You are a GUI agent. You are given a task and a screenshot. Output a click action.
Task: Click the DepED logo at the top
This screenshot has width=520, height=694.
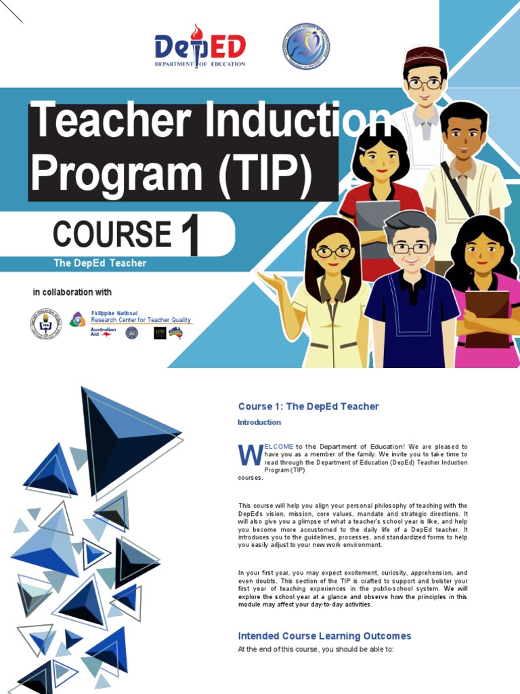coord(200,46)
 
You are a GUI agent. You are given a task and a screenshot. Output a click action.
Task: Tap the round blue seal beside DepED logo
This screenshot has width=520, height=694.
coord(305,46)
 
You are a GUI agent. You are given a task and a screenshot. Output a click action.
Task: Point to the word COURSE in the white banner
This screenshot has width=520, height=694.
coord(112,234)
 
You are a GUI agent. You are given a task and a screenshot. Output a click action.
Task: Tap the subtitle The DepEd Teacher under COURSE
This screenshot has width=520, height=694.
coord(100,263)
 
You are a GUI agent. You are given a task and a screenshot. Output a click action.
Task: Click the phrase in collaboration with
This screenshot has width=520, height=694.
coord(72,292)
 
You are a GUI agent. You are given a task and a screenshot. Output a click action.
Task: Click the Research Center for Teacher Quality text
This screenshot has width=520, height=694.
coord(141,320)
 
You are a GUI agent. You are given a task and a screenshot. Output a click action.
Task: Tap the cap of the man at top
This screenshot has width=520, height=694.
coord(425,56)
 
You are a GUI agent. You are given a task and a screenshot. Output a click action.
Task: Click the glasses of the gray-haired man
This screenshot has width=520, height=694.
coord(410,248)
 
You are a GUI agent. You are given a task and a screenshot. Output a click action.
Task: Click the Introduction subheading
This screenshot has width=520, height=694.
coord(259,422)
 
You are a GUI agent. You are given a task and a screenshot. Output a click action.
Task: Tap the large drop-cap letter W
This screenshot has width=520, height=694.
coord(249,455)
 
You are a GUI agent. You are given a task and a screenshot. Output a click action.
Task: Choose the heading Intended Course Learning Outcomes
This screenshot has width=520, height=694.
coord(324,636)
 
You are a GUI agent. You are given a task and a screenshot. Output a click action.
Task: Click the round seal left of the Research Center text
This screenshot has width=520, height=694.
coord(45,324)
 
